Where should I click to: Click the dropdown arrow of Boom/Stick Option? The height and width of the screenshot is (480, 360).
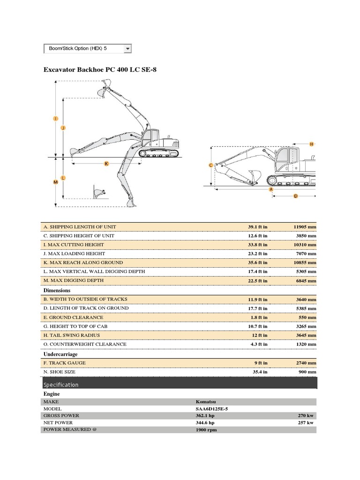point(127,49)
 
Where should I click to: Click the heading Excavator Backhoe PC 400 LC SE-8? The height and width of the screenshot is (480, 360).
point(100,70)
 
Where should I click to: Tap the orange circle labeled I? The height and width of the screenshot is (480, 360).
point(56,119)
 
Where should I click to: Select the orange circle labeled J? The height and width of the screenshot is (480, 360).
point(63,127)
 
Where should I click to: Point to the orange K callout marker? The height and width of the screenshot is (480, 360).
point(106,164)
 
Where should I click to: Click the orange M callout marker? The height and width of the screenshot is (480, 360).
point(56,182)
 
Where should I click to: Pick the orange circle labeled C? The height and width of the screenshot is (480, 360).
point(210,165)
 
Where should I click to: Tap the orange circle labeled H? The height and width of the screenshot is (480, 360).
point(311,144)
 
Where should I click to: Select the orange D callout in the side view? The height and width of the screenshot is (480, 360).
point(295,196)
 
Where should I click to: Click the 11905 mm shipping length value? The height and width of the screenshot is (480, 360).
point(305,227)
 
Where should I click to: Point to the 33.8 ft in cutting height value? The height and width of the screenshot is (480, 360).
point(257,245)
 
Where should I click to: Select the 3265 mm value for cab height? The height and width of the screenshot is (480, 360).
point(305,326)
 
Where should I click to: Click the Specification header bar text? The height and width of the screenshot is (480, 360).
point(61,385)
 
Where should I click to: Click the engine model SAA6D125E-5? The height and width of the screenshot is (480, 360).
point(212,409)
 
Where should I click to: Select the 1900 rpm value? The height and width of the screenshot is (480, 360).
point(206,430)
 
